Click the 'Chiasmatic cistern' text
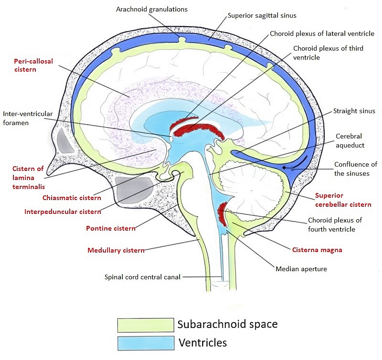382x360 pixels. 72,198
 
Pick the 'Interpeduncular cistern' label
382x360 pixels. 62,212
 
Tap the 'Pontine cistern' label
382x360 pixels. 110,228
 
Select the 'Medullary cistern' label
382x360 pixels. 116,250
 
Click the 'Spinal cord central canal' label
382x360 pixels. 143,277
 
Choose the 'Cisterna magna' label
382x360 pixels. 317,250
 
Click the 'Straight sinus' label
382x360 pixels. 354,111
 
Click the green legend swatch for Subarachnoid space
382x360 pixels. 145,325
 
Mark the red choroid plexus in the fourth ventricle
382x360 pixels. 222,214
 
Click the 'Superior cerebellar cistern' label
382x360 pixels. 343,200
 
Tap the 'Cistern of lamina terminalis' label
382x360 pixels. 28,177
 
